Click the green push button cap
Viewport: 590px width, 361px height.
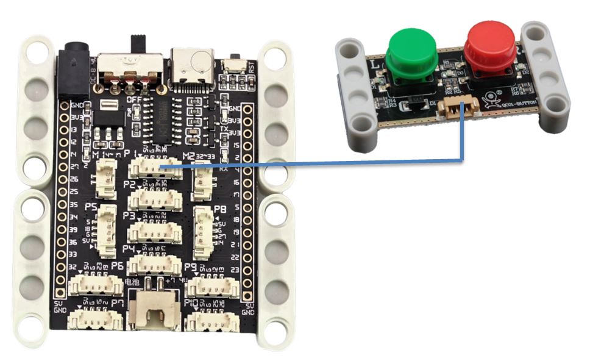click(x=412, y=51)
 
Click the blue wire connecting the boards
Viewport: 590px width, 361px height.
click(x=317, y=163)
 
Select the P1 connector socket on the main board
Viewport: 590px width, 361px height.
click(x=155, y=168)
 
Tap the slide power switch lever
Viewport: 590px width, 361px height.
click(x=138, y=45)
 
